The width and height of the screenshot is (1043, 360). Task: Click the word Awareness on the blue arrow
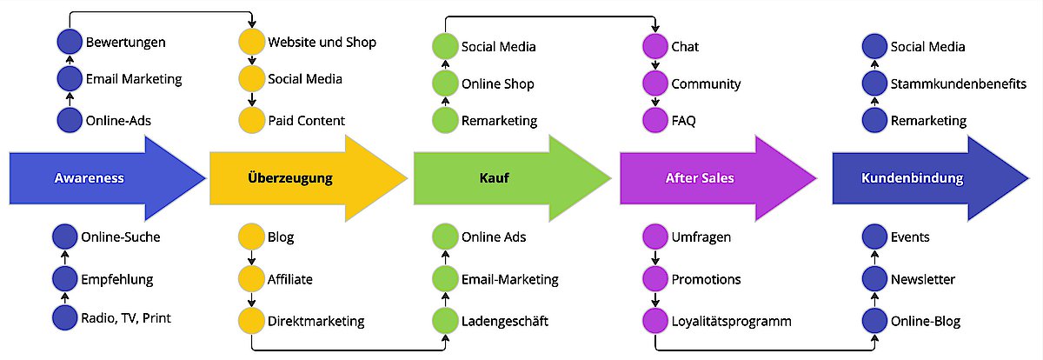90,178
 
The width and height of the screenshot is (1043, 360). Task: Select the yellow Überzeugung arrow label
290,178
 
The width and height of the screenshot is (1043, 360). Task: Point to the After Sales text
700,178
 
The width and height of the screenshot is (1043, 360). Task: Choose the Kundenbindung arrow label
912,178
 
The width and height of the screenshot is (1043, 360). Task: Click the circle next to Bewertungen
68,42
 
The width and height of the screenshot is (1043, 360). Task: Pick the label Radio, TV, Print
126,317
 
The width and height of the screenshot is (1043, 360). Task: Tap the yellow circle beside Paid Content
251,120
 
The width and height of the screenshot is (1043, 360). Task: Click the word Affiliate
290,279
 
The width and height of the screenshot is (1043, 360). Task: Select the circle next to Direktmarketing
251,321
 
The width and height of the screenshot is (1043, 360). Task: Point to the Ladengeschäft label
505,321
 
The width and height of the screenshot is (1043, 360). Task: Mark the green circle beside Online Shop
445,83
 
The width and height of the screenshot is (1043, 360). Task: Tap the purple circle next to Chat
654,46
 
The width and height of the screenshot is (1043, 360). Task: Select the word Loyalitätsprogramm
731,321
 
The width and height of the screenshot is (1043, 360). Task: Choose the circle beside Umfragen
654,237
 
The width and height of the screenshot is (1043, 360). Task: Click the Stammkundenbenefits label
959,83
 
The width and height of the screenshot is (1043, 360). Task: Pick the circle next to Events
874,237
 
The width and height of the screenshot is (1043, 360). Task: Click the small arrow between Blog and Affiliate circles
251,258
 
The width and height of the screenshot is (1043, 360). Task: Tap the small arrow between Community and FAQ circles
654,102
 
